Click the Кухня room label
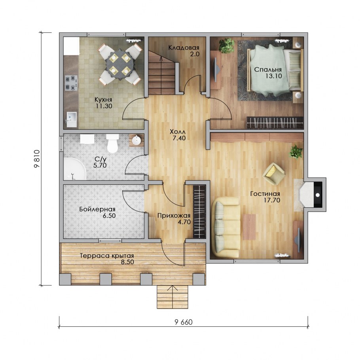pyautogui.click(x=103, y=100)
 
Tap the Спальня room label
pyautogui.click(x=268, y=69)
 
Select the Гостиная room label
pyautogui.click(x=265, y=194)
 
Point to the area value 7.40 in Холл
pyautogui.click(x=179, y=138)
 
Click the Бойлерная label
pyautogui.click(x=97, y=209)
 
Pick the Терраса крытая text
pyautogui.click(x=107, y=256)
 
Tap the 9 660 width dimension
pyautogui.click(x=184, y=322)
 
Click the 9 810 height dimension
pyautogui.click(x=37, y=159)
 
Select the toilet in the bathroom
pyautogui.click(x=112, y=144)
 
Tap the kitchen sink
pyautogui.click(x=71, y=119)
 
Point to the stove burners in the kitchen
pyautogui.click(x=71, y=83)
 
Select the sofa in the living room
pyautogui.click(x=225, y=227)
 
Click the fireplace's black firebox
pyautogui.click(x=318, y=195)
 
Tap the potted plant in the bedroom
pyautogui.click(x=226, y=45)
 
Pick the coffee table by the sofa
pyautogui.click(x=249, y=227)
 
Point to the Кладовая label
pyautogui.click(x=184, y=48)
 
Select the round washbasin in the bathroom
pyautogui.click(x=136, y=140)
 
